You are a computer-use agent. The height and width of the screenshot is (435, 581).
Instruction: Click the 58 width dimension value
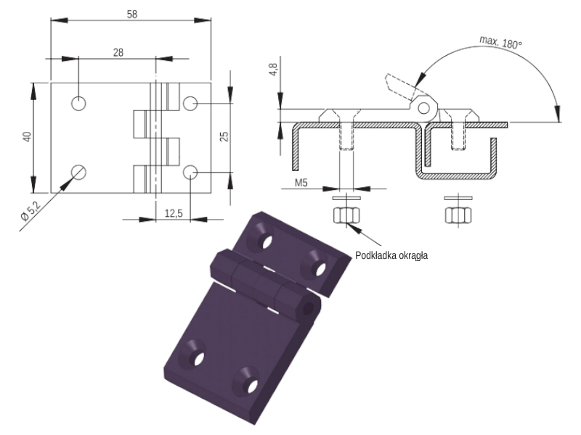(x=132, y=14)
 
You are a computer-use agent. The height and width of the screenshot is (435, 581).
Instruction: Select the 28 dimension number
(x=118, y=52)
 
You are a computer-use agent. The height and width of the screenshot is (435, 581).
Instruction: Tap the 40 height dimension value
(x=28, y=136)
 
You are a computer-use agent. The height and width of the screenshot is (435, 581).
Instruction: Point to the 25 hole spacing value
(x=224, y=136)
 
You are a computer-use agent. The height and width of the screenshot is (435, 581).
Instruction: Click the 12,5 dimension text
(x=174, y=213)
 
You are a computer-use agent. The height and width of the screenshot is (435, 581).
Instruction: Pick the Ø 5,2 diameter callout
(x=31, y=210)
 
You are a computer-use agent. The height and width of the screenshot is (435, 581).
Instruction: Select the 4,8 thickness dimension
(x=273, y=70)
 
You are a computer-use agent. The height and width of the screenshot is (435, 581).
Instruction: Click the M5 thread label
(x=301, y=183)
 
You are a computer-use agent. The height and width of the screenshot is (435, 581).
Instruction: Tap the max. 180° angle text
(x=500, y=42)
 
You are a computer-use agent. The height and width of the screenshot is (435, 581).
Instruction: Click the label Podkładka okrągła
(x=391, y=256)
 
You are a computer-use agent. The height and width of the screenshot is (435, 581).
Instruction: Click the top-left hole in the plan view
(x=78, y=103)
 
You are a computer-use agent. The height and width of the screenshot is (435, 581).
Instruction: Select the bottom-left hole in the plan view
(x=78, y=172)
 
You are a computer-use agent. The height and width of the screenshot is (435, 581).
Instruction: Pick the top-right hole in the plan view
(x=190, y=104)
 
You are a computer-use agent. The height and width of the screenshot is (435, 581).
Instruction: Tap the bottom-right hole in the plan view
(x=190, y=172)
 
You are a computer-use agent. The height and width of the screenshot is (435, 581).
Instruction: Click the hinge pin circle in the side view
(x=424, y=108)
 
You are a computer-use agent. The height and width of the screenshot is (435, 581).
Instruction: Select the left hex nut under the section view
(x=346, y=215)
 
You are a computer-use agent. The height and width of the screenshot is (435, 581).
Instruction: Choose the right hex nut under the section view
(x=458, y=215)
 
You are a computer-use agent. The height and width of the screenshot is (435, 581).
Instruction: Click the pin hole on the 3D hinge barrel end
(x=308, y=308)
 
